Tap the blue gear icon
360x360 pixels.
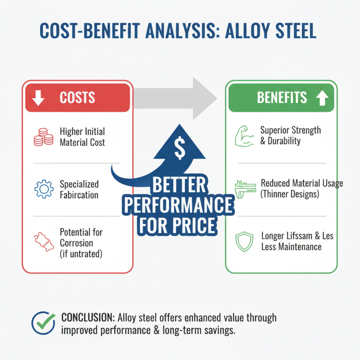point(43,190)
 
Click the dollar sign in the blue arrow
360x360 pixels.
point(179,149)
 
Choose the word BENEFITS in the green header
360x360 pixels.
point(282,98)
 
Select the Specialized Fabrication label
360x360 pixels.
point(79,190)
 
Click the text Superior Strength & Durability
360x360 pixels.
point(291,135)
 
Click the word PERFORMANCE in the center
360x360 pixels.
point(179,206)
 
